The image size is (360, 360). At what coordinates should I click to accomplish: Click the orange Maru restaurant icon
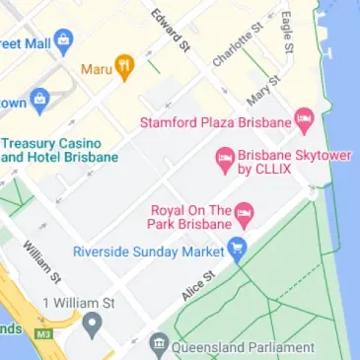(124, 68)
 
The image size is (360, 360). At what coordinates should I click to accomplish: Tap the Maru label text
(95, 69)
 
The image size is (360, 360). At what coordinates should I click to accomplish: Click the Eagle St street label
(287, 32)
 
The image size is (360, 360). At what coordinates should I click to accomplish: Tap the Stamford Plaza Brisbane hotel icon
(304, 122)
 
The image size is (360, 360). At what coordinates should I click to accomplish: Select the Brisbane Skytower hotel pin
(225, 158)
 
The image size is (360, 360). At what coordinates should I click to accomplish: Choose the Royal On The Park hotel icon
(244, 211)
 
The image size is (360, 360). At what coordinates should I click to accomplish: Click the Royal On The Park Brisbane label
(190, 218)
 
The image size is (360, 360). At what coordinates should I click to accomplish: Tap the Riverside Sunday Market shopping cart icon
(237, 250)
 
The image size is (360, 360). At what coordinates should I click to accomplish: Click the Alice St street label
(197, 285)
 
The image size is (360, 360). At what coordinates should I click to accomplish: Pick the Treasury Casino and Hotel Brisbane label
(59, 150)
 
